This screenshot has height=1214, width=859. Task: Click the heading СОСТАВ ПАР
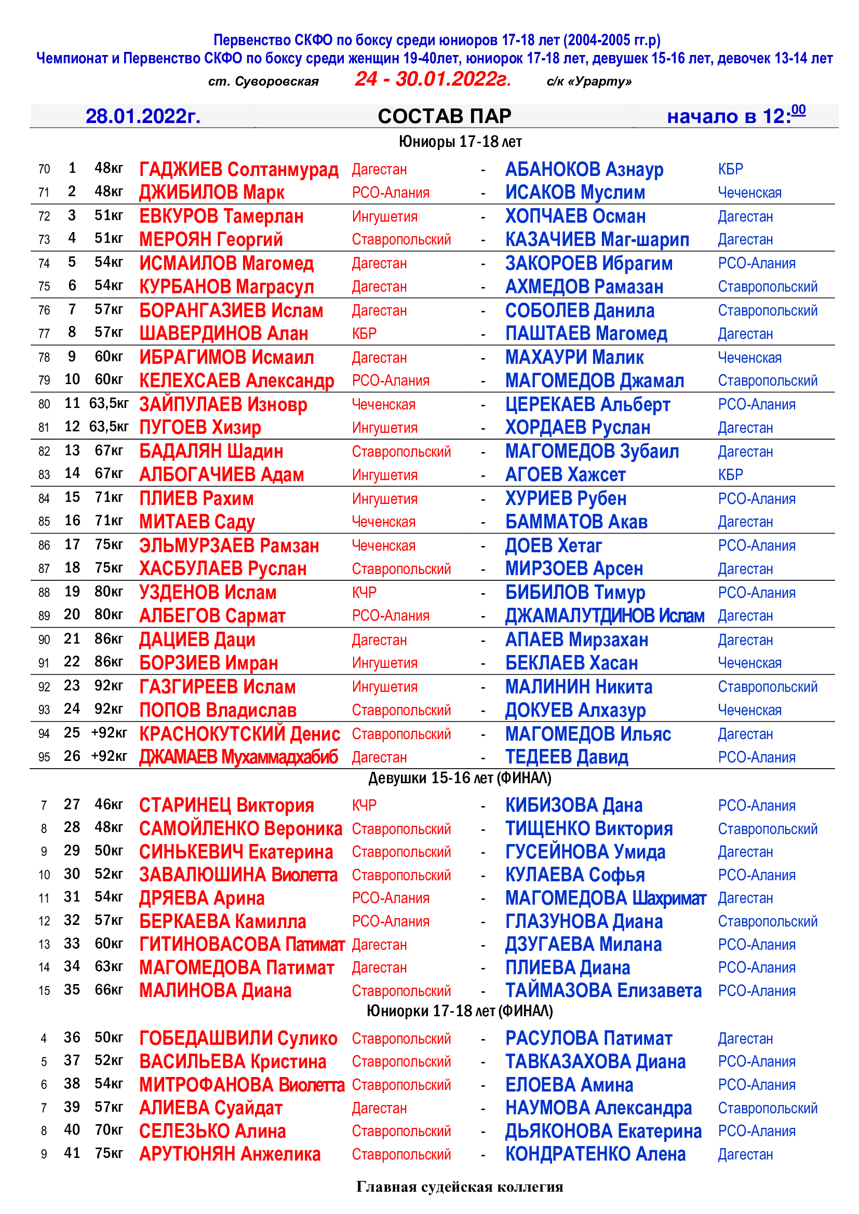(445, 116)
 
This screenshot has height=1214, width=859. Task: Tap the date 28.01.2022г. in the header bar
(143, 116)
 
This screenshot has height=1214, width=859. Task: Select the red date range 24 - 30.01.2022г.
(433, 79)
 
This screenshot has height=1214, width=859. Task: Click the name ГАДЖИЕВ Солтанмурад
(238, 170)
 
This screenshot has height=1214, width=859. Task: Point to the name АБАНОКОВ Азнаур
(584, 170)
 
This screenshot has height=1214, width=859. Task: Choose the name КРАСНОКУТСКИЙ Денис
(239, 734)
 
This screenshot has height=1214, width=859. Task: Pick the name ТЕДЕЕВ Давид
(567, 757)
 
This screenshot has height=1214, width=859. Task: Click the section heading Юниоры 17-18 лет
(460, 142)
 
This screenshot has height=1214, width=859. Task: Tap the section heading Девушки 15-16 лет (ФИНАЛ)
(460, 779)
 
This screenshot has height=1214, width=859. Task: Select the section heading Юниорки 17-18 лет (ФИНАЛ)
(460, 1011)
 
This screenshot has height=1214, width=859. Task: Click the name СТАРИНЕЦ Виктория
(226, 806)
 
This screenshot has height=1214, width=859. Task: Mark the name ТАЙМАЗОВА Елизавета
(603, 990)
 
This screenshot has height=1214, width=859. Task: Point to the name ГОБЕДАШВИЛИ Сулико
(238, 1039)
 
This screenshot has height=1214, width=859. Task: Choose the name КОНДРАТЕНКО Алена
(595, 1154)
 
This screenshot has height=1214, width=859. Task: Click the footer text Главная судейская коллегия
(460, 1187)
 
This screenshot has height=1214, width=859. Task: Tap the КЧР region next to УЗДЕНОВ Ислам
(365, 593)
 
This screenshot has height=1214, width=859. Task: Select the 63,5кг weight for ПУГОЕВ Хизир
(109, 427)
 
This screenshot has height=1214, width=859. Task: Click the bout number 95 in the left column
(45, 757)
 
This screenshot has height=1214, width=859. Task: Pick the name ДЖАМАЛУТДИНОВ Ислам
(605, 616)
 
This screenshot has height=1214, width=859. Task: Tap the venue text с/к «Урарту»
(589, 81)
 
